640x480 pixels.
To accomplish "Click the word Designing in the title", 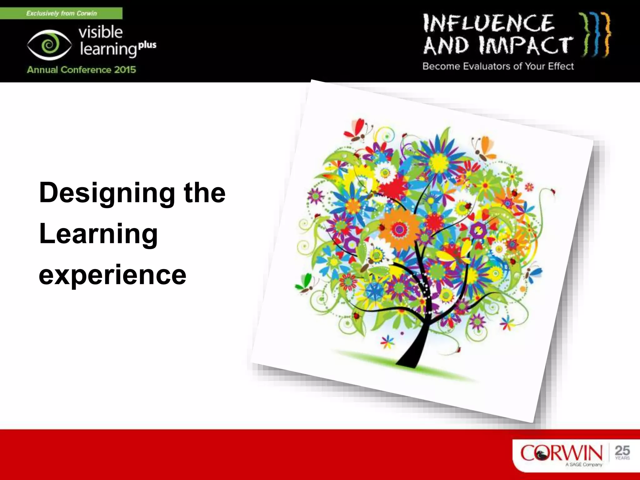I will click(107, 193).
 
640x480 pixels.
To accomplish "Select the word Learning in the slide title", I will click(98, 234).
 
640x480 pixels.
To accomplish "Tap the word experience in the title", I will click(112, 275).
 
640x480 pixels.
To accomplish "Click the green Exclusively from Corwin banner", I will click(61, 13).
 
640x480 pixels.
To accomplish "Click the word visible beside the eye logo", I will click(100, 32).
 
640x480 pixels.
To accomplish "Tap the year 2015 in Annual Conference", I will click(125, 69).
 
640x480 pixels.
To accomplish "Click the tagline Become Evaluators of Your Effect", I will click(498, 66).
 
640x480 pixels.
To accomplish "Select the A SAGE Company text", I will click(583, 465).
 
